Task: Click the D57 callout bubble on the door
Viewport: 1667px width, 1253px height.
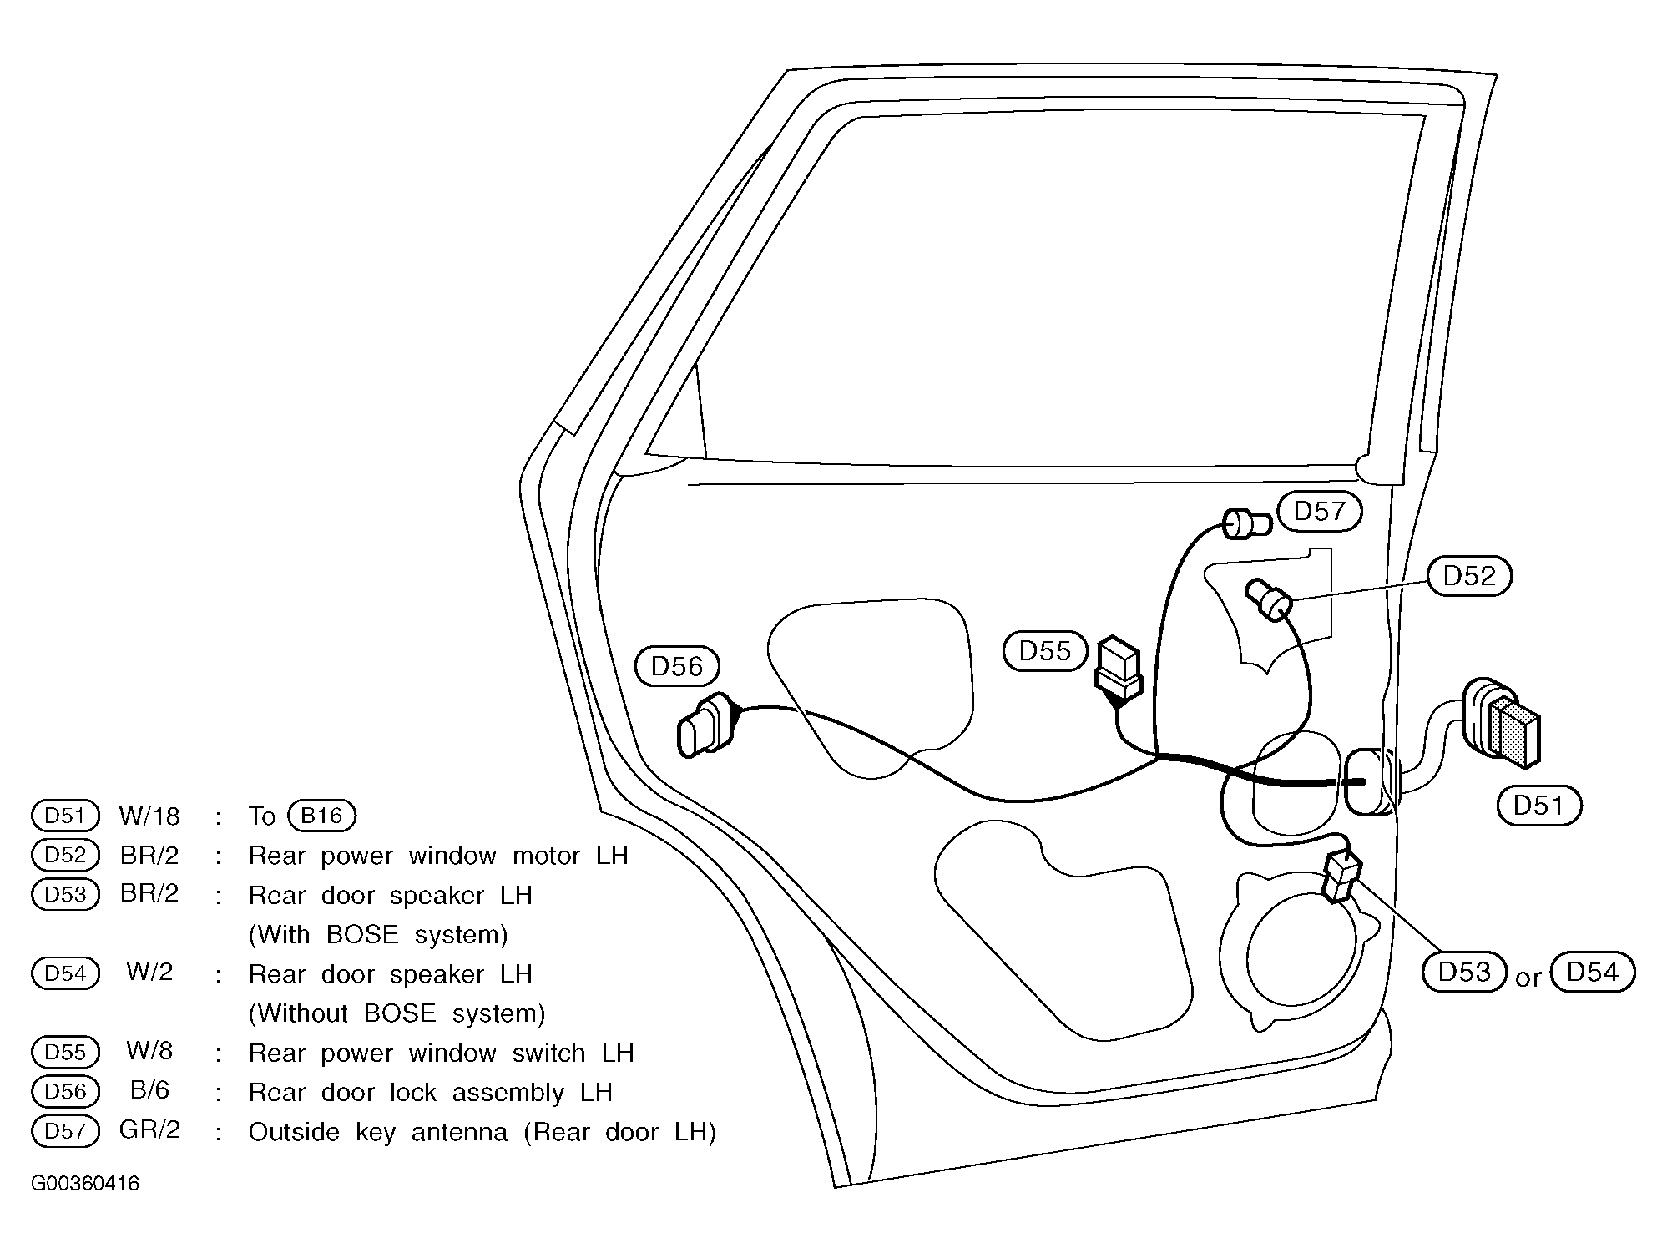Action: tap(1319, 511)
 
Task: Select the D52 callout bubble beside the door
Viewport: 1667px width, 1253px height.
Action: tap(1469, 576)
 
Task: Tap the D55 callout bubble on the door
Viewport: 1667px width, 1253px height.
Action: tap(1045, 650)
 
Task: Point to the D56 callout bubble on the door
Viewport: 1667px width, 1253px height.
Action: tap(676, 666)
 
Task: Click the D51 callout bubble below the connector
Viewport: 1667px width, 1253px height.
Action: tap(1538, 805)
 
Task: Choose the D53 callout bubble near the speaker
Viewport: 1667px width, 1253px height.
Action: tap(1464, 972)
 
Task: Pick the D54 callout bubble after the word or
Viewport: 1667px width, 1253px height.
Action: tap(1592, 972)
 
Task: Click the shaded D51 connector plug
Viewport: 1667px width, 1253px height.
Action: tap(1501, 724)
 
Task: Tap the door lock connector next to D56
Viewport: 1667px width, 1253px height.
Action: tap(709, 725)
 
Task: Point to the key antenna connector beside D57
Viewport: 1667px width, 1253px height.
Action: tap(1246, 524)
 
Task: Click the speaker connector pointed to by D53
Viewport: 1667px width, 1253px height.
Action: tap(1341, 876)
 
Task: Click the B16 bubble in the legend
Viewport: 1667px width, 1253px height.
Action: tap(321, 816)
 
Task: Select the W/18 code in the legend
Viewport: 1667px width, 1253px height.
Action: tap(149, 816)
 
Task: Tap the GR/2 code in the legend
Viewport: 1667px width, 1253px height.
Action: tap(149, 1130)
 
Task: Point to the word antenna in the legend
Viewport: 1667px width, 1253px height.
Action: tap(458, 1133)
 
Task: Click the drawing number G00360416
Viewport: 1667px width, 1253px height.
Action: tap(85, 1184)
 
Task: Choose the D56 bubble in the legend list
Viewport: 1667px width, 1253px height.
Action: tap(65, 1092)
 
